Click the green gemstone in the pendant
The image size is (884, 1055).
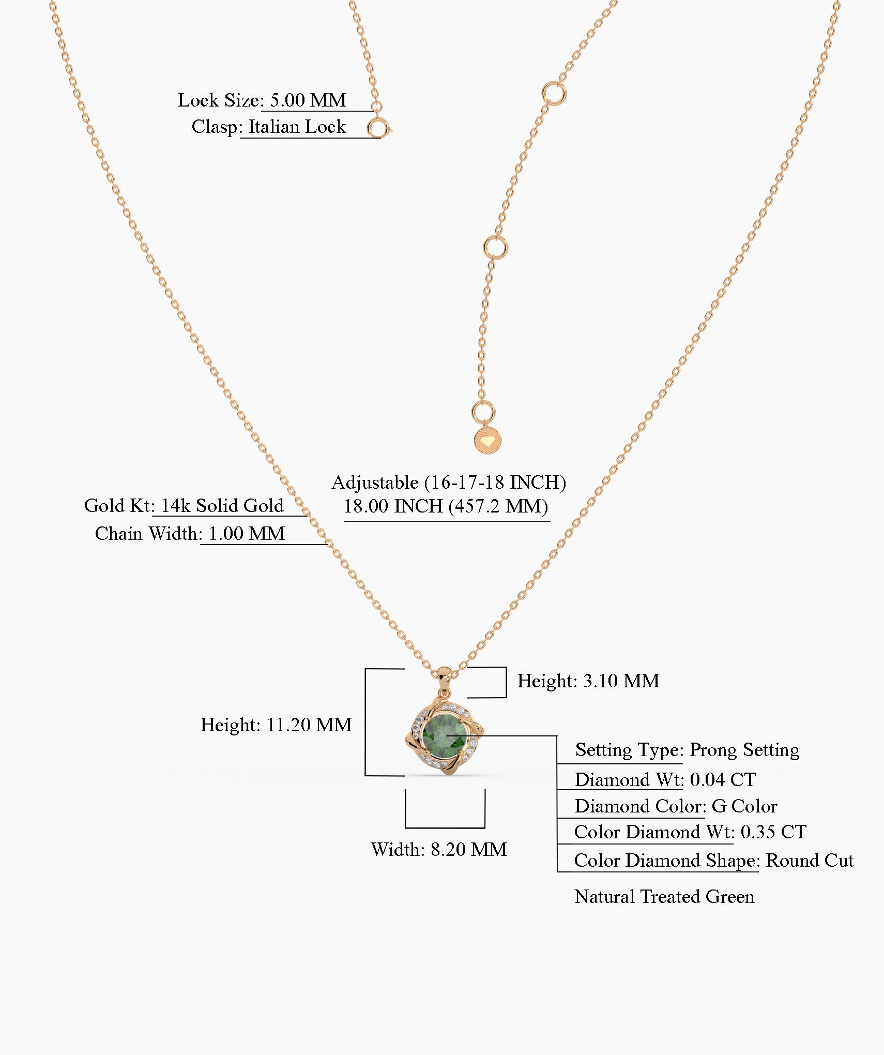click(445, 735)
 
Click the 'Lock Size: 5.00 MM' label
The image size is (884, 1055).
click(262, 100)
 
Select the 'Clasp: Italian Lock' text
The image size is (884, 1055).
click(269, 127)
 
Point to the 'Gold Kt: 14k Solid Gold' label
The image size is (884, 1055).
click(184, 505)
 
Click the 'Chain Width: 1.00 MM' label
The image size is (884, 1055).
click(190, 533)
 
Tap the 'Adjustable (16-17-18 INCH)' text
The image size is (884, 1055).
click(449, 482)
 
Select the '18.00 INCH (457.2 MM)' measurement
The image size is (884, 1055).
click(446, 506)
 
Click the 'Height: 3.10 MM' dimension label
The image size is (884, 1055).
click(588, 681)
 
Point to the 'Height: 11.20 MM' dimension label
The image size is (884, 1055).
click(276, 725)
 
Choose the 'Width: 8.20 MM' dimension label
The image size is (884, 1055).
click(439, 849)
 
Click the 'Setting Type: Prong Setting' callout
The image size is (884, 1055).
click(687, 749)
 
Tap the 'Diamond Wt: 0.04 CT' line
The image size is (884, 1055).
click(665, 779)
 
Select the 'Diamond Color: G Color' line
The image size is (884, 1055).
click(676, 806)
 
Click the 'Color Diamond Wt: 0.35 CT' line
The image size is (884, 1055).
click(690, 832)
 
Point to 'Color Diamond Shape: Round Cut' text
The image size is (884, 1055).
click(713, 860)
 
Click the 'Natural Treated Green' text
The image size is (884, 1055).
click(664, 896)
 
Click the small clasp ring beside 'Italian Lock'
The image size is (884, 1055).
click(378, 127)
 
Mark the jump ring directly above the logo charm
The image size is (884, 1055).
click(483, 412)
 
